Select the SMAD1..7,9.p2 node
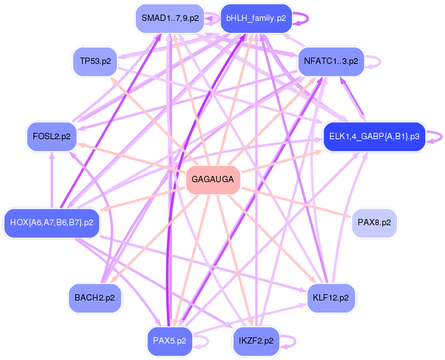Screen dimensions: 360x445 170,18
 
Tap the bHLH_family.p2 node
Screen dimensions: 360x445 255,18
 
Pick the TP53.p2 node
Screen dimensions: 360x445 95,61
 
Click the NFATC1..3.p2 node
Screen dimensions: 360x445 331,61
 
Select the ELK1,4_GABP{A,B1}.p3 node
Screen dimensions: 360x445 374,137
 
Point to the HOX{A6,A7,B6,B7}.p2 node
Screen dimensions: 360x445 51,223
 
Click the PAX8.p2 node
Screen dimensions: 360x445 374,223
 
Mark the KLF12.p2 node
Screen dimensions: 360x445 331,297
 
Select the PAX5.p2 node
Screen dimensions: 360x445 169,340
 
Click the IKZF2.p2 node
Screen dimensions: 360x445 257,340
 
